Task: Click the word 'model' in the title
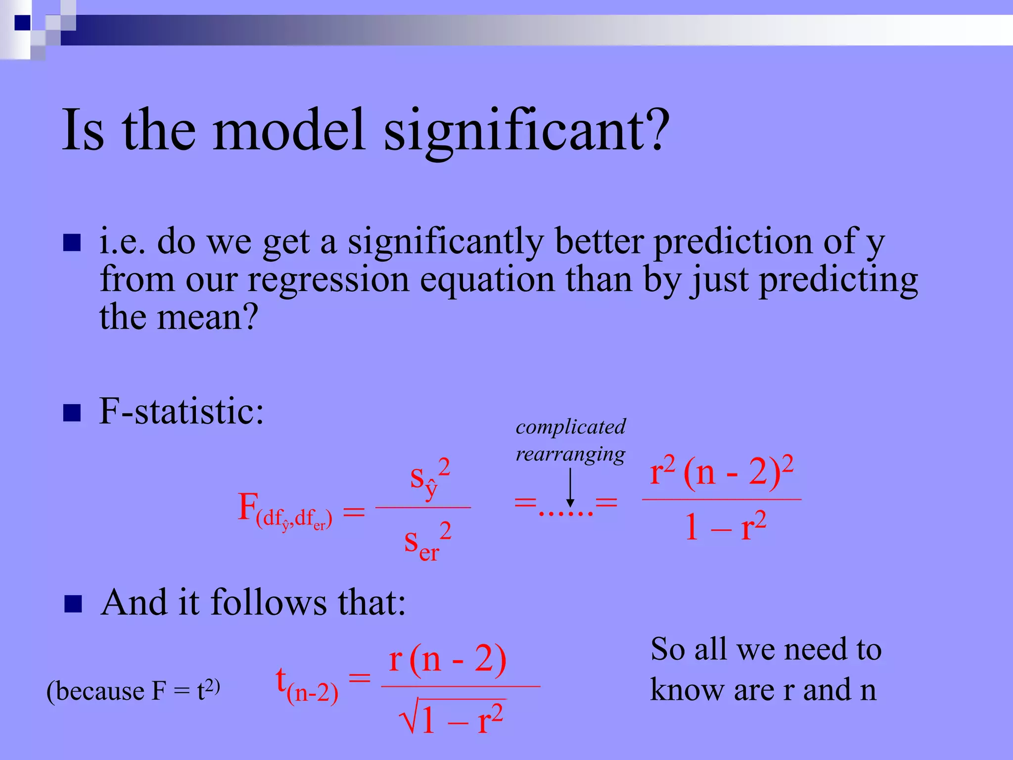pos(289,130)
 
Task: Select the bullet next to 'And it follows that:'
pos(73,604)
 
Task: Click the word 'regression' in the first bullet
pos(328,280)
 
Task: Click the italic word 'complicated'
pos(570,427)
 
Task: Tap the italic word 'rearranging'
pos(570,454)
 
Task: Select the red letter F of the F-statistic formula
pos(248,507)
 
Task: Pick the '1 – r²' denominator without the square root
pos(725,527)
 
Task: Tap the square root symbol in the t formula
pos(409,716)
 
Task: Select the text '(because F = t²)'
pos(133,691)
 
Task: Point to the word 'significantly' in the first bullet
pos(445,242)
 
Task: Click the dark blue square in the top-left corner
pos(22,22)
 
